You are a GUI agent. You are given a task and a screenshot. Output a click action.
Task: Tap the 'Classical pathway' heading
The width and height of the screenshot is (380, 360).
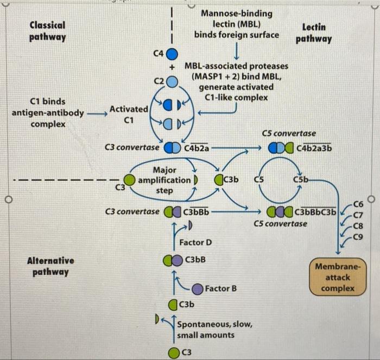pos(47,31)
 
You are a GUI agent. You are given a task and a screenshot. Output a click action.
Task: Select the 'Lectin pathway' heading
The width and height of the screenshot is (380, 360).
pos(314,33)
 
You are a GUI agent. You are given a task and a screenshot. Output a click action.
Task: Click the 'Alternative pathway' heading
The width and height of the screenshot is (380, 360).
pos(50,266)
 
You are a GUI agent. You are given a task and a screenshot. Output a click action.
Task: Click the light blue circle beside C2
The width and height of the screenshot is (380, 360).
pos(172,81)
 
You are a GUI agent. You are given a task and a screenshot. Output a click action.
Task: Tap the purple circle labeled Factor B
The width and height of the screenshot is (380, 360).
pos(197,288)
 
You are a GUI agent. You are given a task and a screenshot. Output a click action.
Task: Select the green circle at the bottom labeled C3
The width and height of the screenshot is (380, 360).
pos(173,353)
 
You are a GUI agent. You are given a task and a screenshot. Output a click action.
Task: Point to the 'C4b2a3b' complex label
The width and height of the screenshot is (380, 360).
pos(315,147)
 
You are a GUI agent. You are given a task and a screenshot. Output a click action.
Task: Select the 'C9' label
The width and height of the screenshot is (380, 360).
pos(358,236)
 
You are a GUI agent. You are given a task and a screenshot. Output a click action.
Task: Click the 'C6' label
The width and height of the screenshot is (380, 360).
pos(358,204)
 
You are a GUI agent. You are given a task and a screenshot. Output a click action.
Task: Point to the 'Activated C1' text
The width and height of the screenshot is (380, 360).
pos(129,114)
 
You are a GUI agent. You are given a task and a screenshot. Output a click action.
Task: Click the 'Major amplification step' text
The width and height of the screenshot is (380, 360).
pos(164,180)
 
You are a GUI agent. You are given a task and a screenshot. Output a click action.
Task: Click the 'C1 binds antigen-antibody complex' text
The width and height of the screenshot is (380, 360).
pos(48,113)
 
